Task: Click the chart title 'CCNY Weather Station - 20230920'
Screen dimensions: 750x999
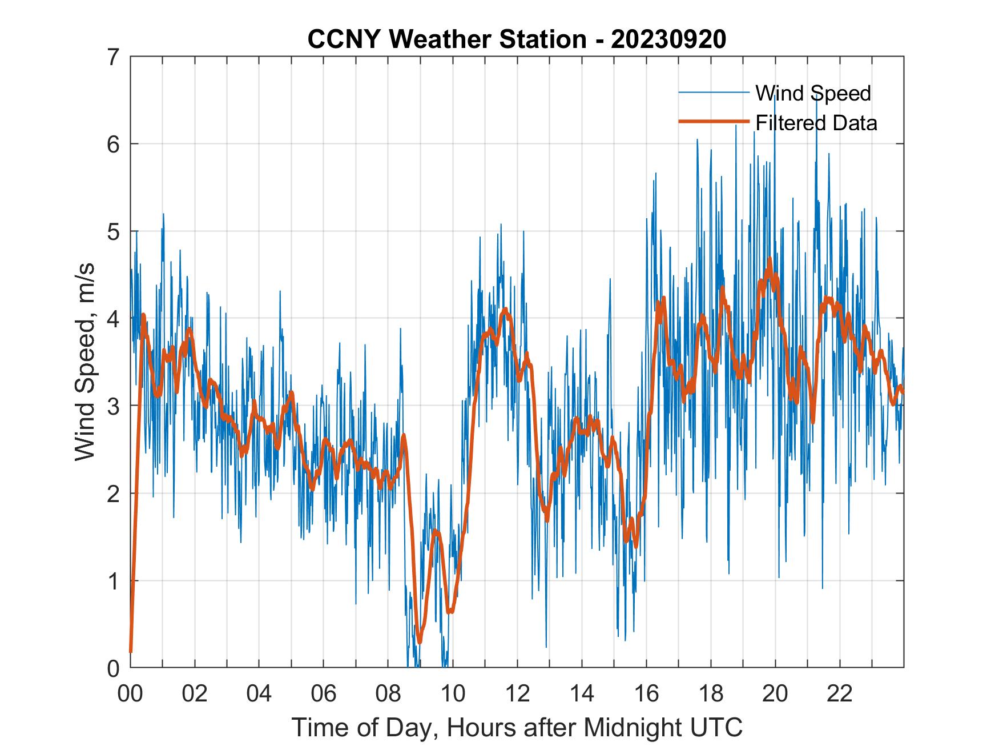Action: coord(517,39)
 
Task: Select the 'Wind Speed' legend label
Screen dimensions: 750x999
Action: coord(813,93)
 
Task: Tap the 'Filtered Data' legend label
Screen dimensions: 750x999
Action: coord(816,123)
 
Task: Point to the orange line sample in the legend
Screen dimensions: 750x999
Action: coord(714,121)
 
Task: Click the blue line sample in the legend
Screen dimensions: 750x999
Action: coord(714,92)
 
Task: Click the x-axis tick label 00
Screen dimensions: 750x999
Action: coord(130,693)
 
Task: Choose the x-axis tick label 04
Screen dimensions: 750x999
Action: coord(259,693)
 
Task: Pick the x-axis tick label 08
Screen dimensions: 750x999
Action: coord(388,693)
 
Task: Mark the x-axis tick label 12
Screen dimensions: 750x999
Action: coord(517,693)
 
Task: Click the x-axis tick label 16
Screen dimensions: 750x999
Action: coord(646,693)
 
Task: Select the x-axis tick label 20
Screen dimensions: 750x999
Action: coord(775,693)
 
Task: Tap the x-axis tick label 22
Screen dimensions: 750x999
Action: coord(840,693)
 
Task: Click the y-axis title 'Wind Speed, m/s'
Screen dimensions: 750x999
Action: coord(85,362)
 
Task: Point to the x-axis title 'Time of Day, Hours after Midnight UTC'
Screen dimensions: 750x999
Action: coord(517,728)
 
